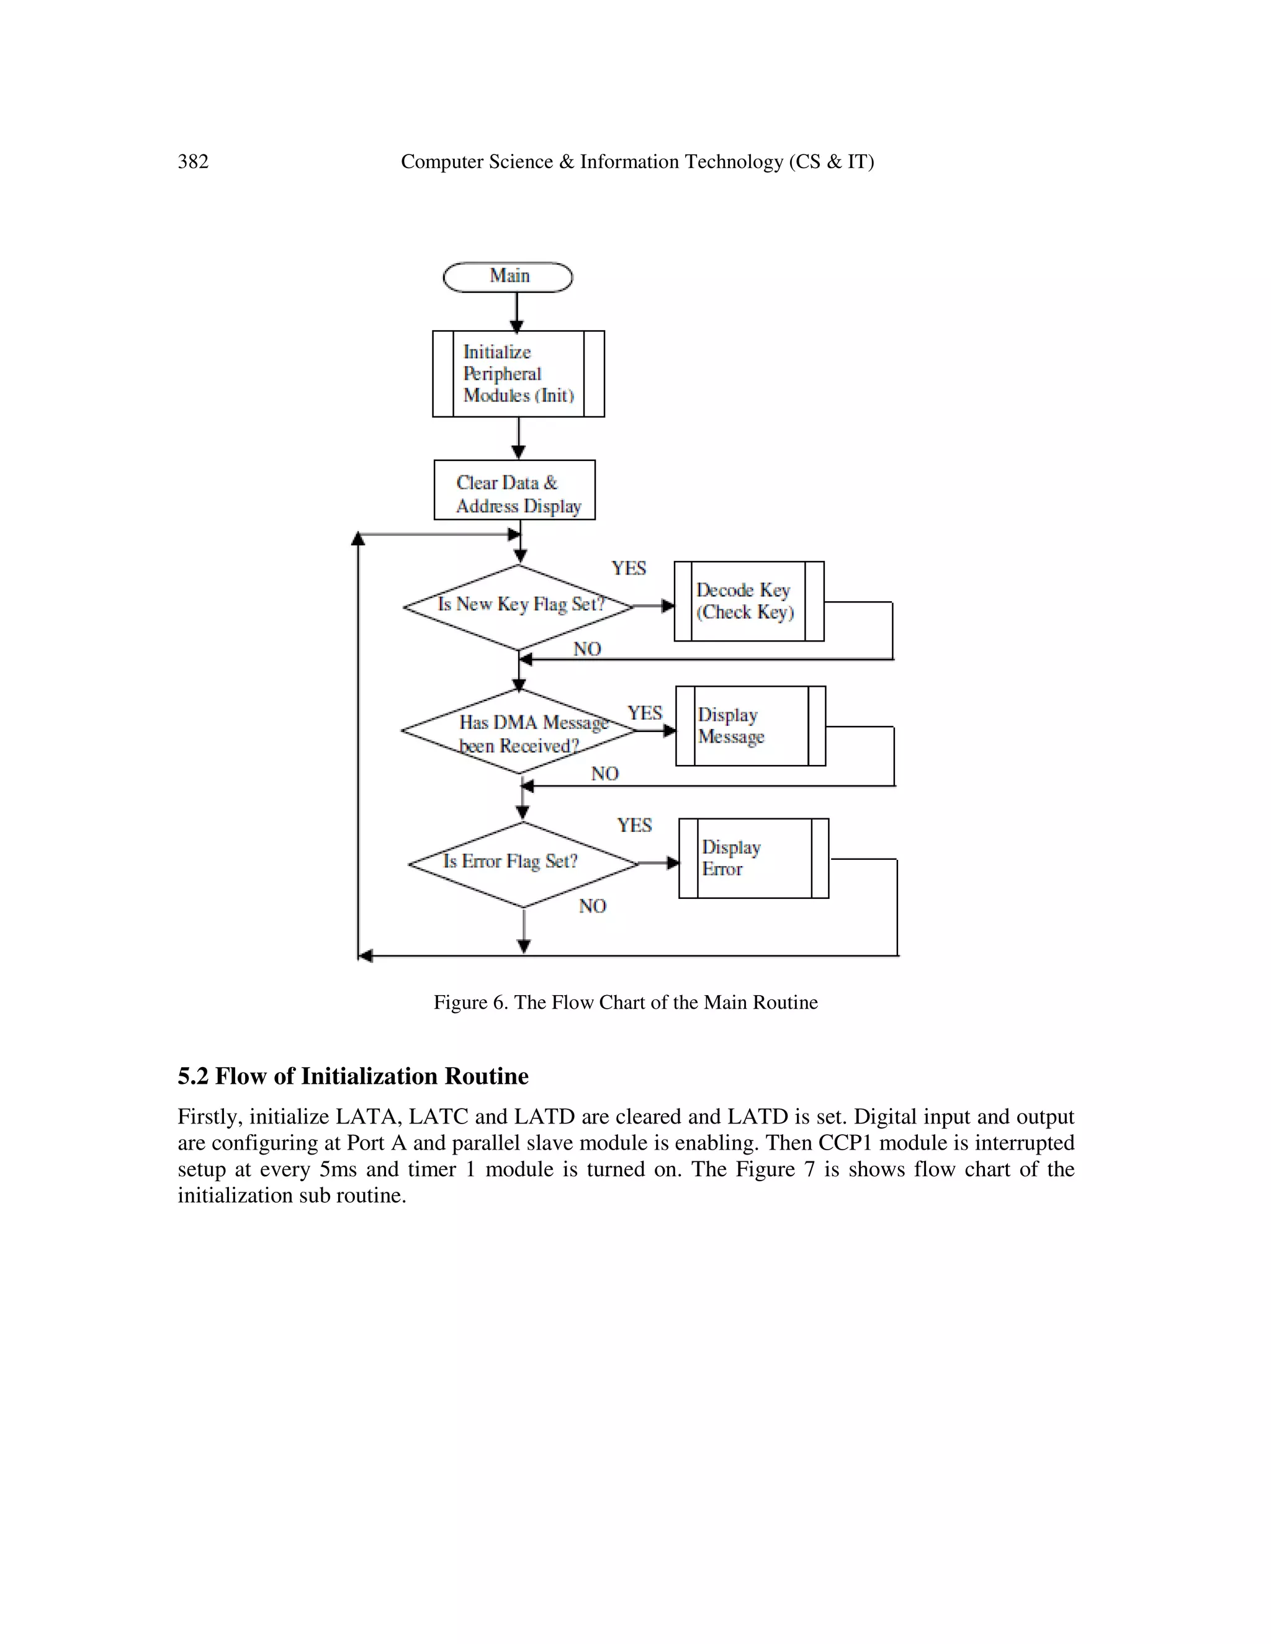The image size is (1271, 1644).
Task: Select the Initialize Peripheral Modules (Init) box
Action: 518,373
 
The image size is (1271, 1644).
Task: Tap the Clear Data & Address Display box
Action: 514,490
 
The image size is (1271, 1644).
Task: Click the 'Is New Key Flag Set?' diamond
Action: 519,607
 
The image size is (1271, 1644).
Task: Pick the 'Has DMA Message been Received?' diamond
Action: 519,731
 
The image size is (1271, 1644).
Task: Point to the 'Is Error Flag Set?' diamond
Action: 523,864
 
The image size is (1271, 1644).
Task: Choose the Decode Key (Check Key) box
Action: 748,601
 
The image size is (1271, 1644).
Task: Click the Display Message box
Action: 750,726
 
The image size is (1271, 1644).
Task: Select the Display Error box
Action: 753,858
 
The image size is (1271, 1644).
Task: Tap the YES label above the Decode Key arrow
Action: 629,568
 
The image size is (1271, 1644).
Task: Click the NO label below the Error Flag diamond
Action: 593,906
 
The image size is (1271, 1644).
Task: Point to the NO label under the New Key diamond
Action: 587,649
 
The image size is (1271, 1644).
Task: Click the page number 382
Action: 194,162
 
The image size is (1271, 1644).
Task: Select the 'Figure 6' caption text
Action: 625,1003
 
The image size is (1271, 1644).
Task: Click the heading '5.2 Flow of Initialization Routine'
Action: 353,1076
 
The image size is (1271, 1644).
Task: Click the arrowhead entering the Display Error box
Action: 672,863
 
